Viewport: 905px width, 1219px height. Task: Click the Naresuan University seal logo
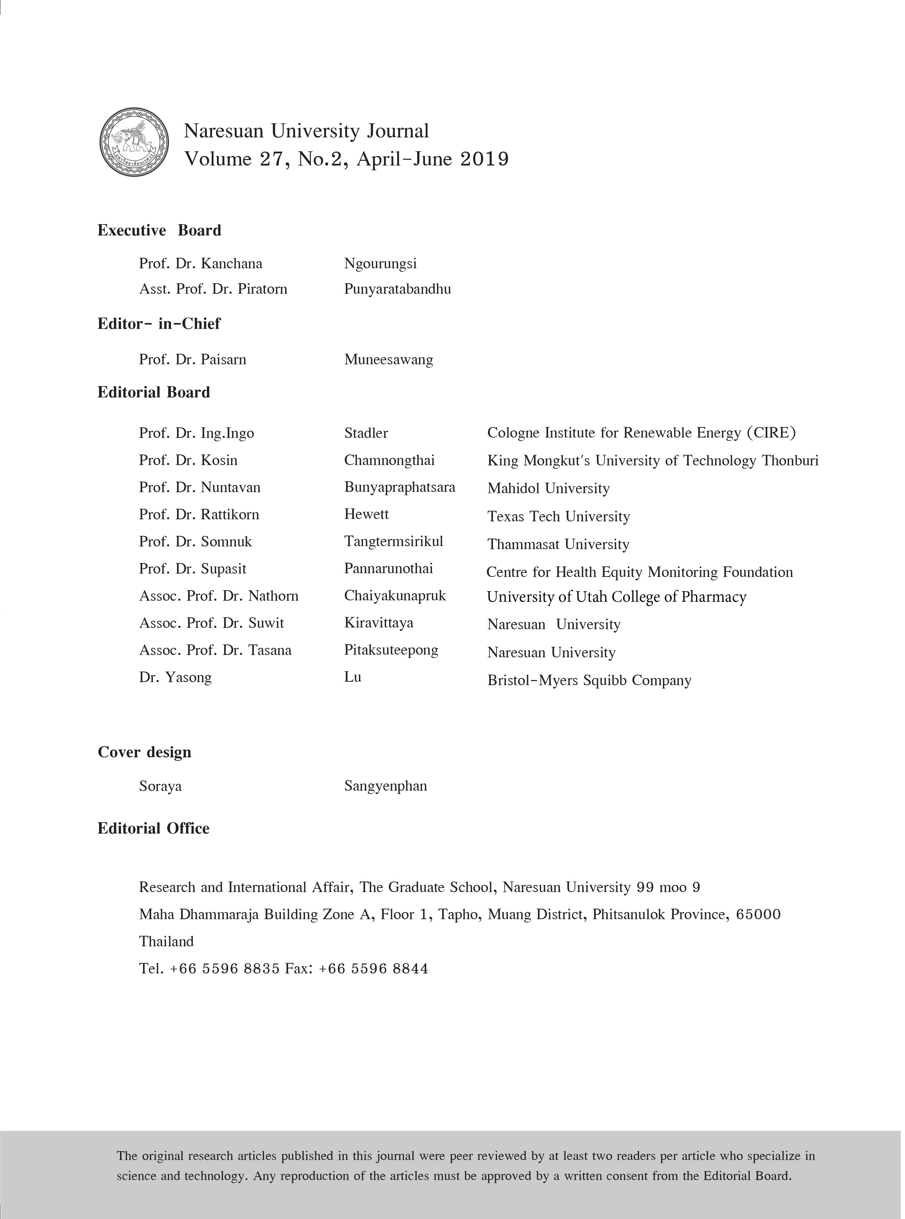[134, 142]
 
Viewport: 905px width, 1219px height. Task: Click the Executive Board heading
[159, 231]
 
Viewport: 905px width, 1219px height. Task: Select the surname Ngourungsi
[380, 264]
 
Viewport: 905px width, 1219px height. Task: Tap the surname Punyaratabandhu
[397, 289]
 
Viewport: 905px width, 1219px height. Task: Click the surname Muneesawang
[388, 360]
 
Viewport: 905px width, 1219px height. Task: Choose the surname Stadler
[366, 433]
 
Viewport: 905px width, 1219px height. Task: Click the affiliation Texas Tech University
[558, 517]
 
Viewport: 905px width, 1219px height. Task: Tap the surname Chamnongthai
[389, 461]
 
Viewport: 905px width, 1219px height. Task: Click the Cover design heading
[145, 752]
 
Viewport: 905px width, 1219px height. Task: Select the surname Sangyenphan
[385, 787]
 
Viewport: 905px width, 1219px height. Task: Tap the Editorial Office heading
[153, 829]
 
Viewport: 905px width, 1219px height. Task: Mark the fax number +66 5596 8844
[373, 969]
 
